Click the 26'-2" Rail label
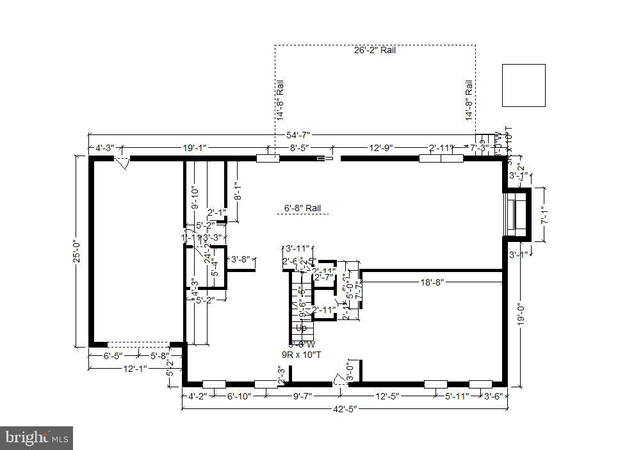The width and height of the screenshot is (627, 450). [x=375, y=50]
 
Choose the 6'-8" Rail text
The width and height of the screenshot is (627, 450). [x=302, y=208]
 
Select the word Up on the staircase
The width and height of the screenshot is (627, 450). [x=300, y=328]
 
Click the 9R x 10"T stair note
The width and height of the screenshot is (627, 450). [x=302, y=354]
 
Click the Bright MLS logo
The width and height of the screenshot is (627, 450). [x=37, y=438]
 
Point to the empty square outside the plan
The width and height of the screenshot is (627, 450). [x=523, y=85]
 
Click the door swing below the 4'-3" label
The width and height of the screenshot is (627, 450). [x=122, y=164]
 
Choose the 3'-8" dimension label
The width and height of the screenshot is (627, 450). [x=240, y=259]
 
